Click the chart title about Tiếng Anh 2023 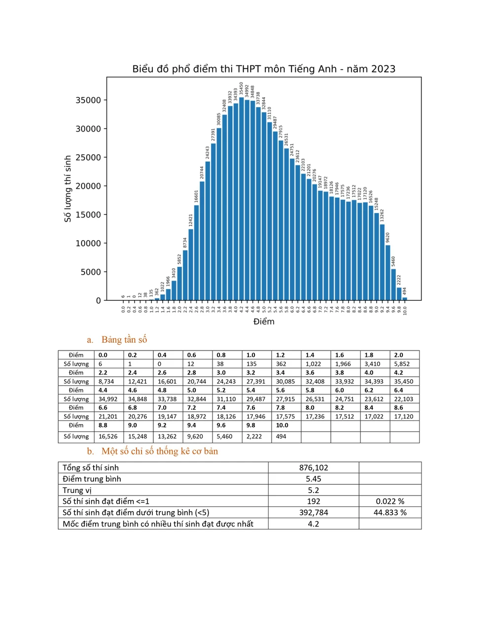click(264, 69)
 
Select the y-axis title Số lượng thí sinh click(68, 189)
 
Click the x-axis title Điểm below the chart click(264, 321)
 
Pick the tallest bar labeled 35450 click(242, 197)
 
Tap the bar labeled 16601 click(196, 252)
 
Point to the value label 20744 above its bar click(202, 173)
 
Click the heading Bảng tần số click(124, 339)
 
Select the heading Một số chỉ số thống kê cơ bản click(159, 451)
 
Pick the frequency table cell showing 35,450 click(403, 381)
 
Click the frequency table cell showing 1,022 click(313, 364)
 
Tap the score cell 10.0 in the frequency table click(282, 425)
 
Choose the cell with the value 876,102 click(314, 467)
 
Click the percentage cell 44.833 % click(390, 512)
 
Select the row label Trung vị click(77, 490)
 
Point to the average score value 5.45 click(314, 479)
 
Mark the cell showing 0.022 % click(390, 501)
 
